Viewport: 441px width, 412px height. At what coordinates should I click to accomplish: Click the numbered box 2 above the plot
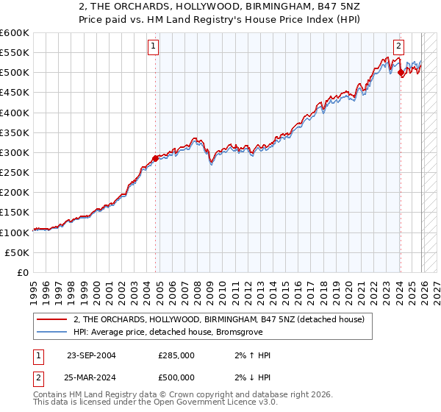click(x=398, y=46)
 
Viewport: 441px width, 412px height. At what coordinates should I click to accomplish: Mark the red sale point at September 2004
click(x=155, y=158)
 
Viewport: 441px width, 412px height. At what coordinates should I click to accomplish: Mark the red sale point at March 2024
click(x=400, y=73)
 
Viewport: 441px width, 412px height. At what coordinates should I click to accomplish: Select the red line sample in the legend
click(x=52, y=320)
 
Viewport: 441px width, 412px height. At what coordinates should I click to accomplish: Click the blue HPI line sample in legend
click(x=52, y=333)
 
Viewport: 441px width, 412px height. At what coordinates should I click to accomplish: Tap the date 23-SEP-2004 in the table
click(x=91, y=355)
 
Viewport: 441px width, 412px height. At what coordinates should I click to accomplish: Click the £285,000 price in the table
click(x=176, y=355)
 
